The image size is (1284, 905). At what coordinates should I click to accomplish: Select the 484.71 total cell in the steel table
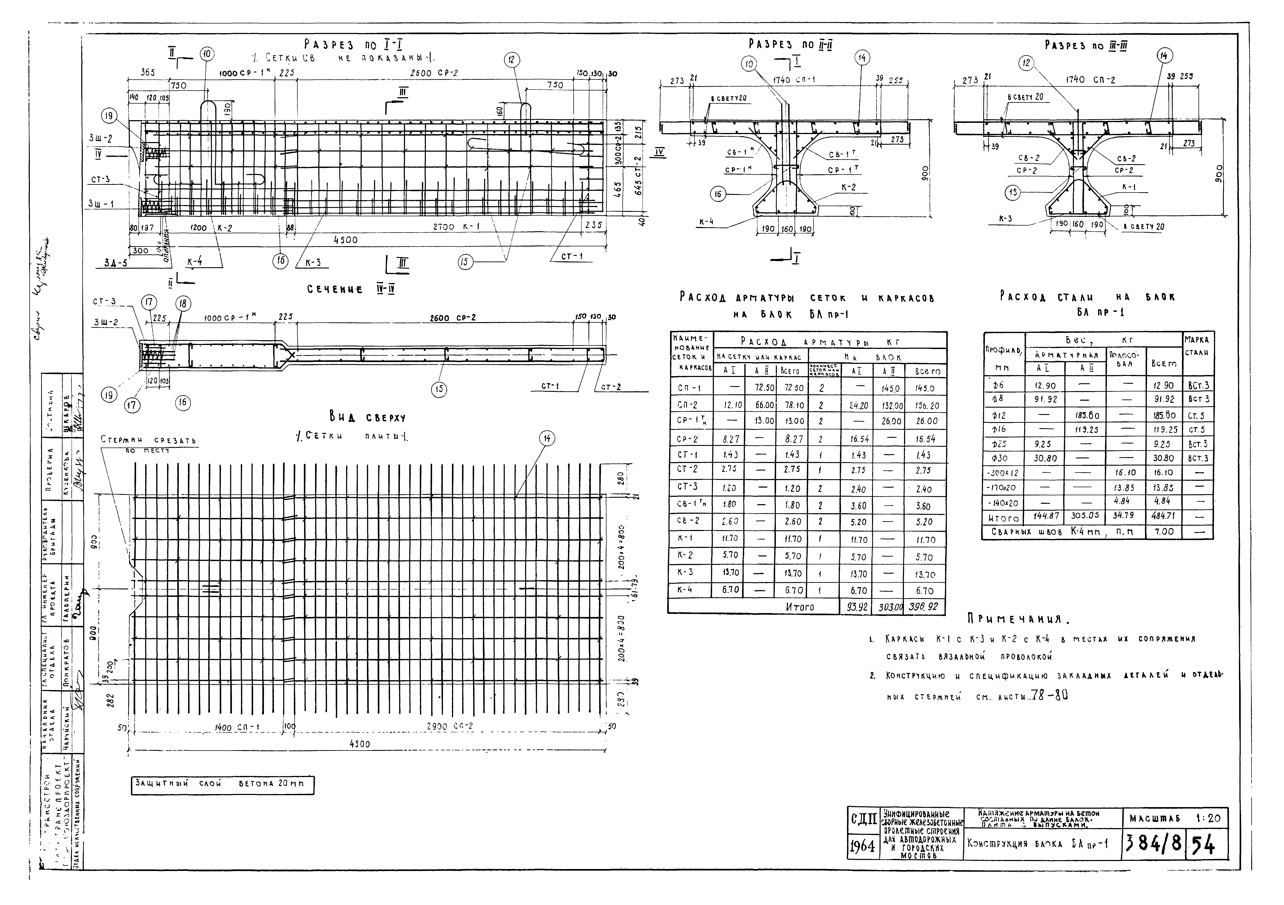(x=1163, y=516)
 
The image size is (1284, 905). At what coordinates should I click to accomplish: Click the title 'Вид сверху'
(x=367, y=418)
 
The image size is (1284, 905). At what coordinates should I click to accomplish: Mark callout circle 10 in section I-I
(x=207, y=54)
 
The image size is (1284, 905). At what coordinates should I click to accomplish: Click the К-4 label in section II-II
(x=706, y=221)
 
